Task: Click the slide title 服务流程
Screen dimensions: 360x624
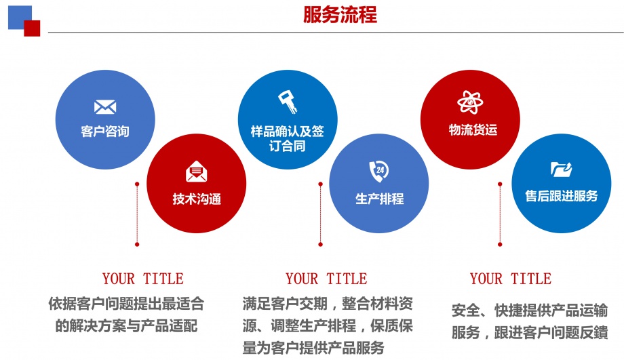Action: [x=340, y=15]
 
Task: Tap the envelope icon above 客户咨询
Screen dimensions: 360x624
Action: [x=105, y=107]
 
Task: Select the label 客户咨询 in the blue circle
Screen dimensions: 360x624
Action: [x=105, y=131]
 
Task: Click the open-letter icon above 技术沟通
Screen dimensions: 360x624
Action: [x=197, y=172]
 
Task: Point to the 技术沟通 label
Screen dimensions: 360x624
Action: [x=197, y=199]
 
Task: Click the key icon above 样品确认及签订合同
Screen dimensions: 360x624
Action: [x=288, y=102]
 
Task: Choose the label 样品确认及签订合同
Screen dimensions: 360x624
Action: [x=288, y=138]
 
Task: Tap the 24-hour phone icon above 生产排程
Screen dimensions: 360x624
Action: [x=378, y=170]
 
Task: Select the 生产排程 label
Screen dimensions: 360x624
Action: [x=379, y=199]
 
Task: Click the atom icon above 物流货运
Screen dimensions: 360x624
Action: [x=470, y=102]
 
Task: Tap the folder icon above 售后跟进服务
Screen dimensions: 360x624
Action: [x=561, y=169]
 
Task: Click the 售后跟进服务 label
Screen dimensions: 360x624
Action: [x=561, y=196]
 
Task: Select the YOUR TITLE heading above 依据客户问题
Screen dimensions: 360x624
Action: [x=142, y=279]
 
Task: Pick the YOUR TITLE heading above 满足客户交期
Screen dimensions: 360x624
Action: [x=326, y=279]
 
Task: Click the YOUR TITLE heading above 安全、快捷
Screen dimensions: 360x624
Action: [x=510, y=279]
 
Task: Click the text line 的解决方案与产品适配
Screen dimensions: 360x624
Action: [x=126, y=325]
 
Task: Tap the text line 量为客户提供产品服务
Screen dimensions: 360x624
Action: [x=313, y=348]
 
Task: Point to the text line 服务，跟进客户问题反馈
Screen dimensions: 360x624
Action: [x=529, y=333]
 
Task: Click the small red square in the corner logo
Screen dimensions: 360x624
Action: [x=32, y=28]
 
